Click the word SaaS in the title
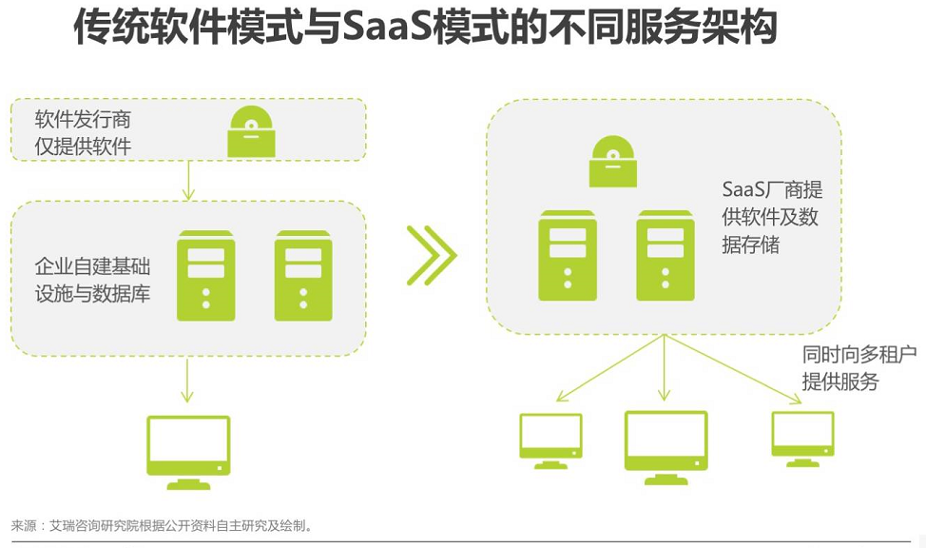387,28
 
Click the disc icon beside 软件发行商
251,131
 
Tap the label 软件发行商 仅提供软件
83,132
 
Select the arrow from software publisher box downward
188,181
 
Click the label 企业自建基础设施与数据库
93,280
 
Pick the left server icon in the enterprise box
206,276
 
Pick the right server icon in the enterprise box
303,276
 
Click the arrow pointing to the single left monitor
187,380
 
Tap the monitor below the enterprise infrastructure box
188,453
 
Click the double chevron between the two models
432,255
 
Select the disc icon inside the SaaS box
613,161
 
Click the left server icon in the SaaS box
568,255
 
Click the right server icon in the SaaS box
666,255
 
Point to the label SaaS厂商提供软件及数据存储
772,217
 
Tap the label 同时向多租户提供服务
859,367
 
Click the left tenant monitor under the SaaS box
551,441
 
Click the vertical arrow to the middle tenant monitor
665,367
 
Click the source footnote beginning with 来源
162,525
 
